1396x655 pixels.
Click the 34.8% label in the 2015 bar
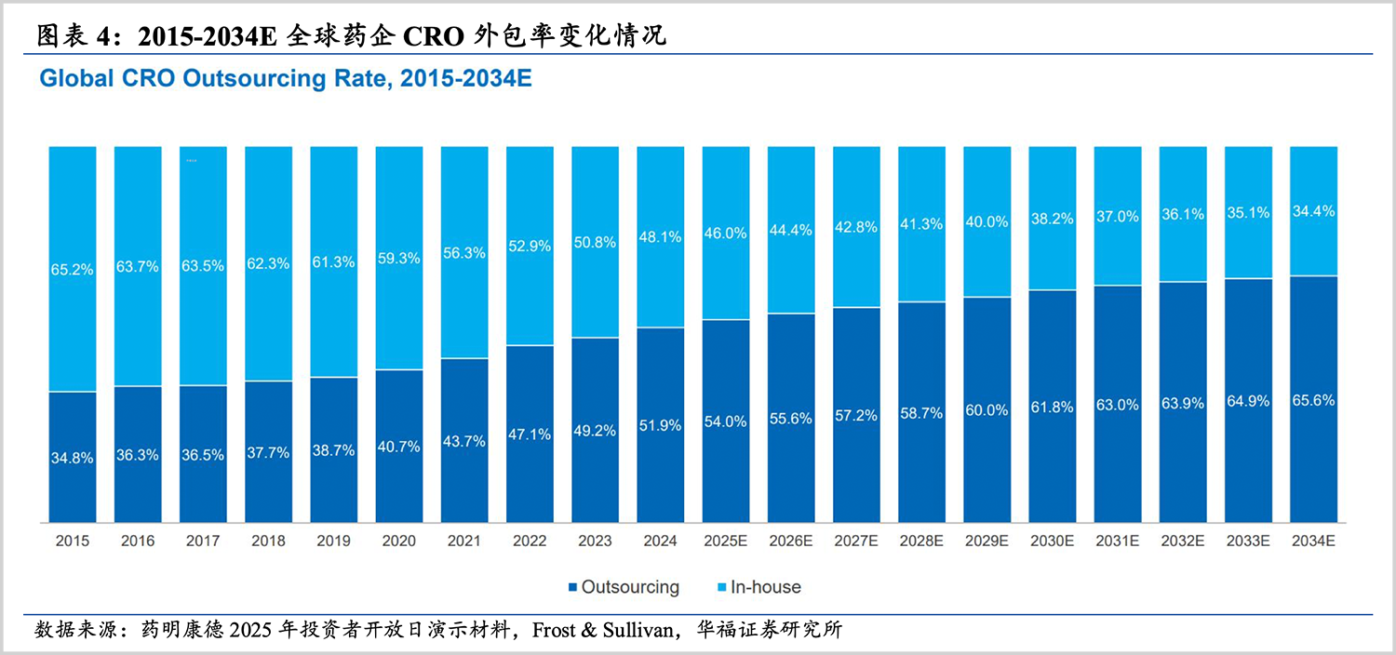pos(73,458)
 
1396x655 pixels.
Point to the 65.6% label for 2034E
pos(1313,401)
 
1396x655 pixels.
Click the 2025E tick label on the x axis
pos(725,541)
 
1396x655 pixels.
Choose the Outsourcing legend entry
pos(623,587)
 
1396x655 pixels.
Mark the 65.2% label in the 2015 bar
pos(73,270)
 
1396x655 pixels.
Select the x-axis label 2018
pos(268,541)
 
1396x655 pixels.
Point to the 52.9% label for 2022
pos(530,247)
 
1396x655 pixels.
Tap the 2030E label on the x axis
pos(1052,541)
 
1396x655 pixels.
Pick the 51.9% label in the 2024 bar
pos(660,425)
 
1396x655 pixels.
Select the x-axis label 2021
pos(463,541)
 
